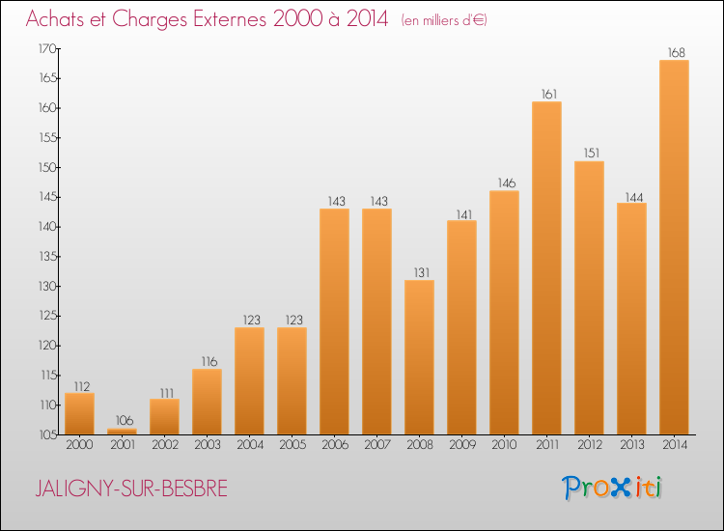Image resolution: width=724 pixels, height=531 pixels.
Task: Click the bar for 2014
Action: [674, 247]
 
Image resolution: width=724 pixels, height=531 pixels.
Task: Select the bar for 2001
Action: [122, 432]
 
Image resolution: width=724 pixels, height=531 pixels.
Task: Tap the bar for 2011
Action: [546, 268]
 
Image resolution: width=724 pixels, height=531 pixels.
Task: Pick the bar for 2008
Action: [419, 357]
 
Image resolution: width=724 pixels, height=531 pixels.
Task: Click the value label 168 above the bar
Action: [674, 52]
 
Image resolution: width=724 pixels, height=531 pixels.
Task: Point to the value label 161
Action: [546, 94]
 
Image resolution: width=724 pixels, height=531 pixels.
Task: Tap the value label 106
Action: [122, 421]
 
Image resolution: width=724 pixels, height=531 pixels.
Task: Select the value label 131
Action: [419, 272]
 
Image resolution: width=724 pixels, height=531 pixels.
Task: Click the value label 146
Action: [504, 183]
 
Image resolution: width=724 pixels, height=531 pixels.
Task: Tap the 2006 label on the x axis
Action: [334, 446]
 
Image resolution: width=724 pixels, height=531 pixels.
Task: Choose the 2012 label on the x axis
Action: [589, 446]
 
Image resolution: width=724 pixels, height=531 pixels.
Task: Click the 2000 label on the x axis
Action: [79, 446]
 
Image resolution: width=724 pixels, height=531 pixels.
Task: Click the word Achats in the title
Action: [61, 20]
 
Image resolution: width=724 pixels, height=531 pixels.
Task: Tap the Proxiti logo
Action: [612, 488]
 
